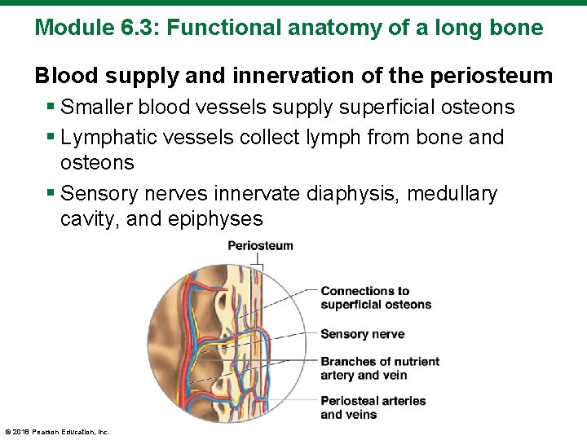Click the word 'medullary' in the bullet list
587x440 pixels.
coord(452,194)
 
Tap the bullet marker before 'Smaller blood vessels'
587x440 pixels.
coord(51,108)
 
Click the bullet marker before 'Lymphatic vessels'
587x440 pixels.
coord(51,138)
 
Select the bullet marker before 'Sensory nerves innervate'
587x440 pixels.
coord(51,195)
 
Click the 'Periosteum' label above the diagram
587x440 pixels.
coord(260,245)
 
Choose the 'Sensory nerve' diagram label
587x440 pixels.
coord(362,334)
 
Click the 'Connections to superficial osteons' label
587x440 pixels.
coord(375,297)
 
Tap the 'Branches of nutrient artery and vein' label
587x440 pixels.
coord(379,368)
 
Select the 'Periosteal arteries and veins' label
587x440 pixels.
coord(373,407)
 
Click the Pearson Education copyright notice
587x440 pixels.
coord(57,432)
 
